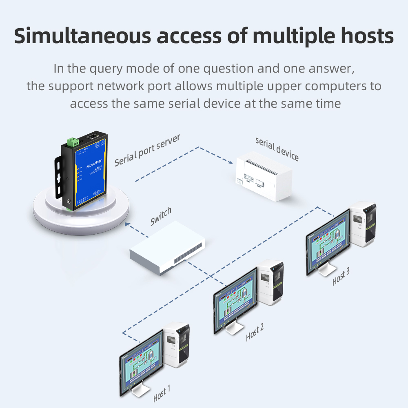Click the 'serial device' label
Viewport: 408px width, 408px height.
[277, 149]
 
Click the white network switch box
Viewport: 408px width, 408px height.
[167, 248]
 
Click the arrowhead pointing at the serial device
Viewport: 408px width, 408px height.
[231, 162]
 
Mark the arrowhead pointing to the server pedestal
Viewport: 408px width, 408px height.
[127, 223]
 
